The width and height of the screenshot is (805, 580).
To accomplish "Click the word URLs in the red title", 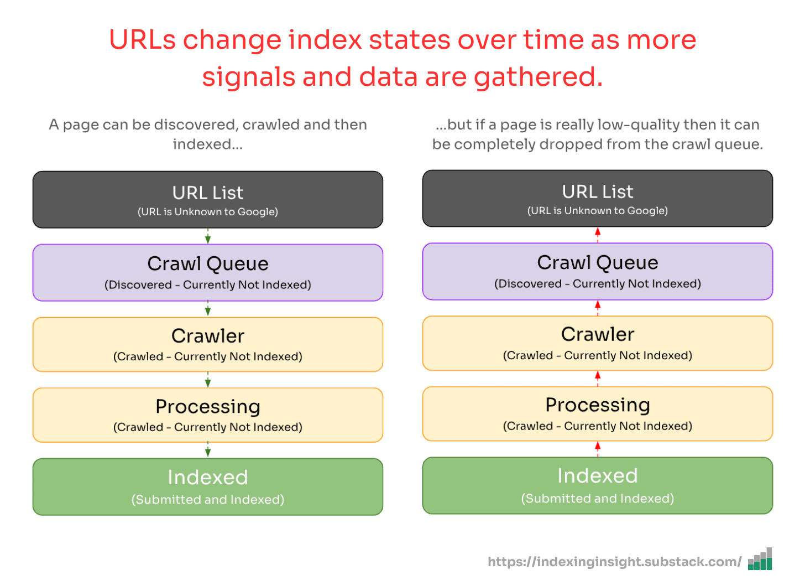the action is point(142,40).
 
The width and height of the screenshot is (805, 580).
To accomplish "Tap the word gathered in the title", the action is point(538,78).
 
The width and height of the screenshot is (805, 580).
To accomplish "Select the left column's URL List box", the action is point(208,199).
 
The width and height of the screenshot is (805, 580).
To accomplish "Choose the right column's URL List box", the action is point(598,198).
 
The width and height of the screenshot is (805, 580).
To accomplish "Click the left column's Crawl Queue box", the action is point(208,272).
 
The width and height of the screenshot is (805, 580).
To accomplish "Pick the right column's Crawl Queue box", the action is point(598,271).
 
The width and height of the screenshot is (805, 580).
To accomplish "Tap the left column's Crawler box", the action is point(208,344).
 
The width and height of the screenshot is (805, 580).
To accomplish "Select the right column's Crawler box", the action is point(598,343).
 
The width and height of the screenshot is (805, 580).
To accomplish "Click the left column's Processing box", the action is point(208,415).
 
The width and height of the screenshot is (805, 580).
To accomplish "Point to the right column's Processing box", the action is point(598,414).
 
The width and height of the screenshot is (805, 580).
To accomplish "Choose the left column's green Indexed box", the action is point(208,486).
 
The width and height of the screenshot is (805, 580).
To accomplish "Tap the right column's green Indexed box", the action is point(598,485).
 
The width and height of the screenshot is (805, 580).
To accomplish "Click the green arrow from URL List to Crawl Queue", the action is point(208,236).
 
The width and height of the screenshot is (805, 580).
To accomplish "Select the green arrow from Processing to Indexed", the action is point(208,450).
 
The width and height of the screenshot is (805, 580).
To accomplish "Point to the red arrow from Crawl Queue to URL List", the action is point(598,235).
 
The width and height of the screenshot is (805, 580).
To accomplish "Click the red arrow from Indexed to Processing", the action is point(598,449).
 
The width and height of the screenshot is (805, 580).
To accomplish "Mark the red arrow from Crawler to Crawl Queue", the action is point(598,308).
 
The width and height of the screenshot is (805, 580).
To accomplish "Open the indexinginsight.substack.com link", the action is point(615,561).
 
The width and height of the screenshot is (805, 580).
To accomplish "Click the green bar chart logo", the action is point(760,558).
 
